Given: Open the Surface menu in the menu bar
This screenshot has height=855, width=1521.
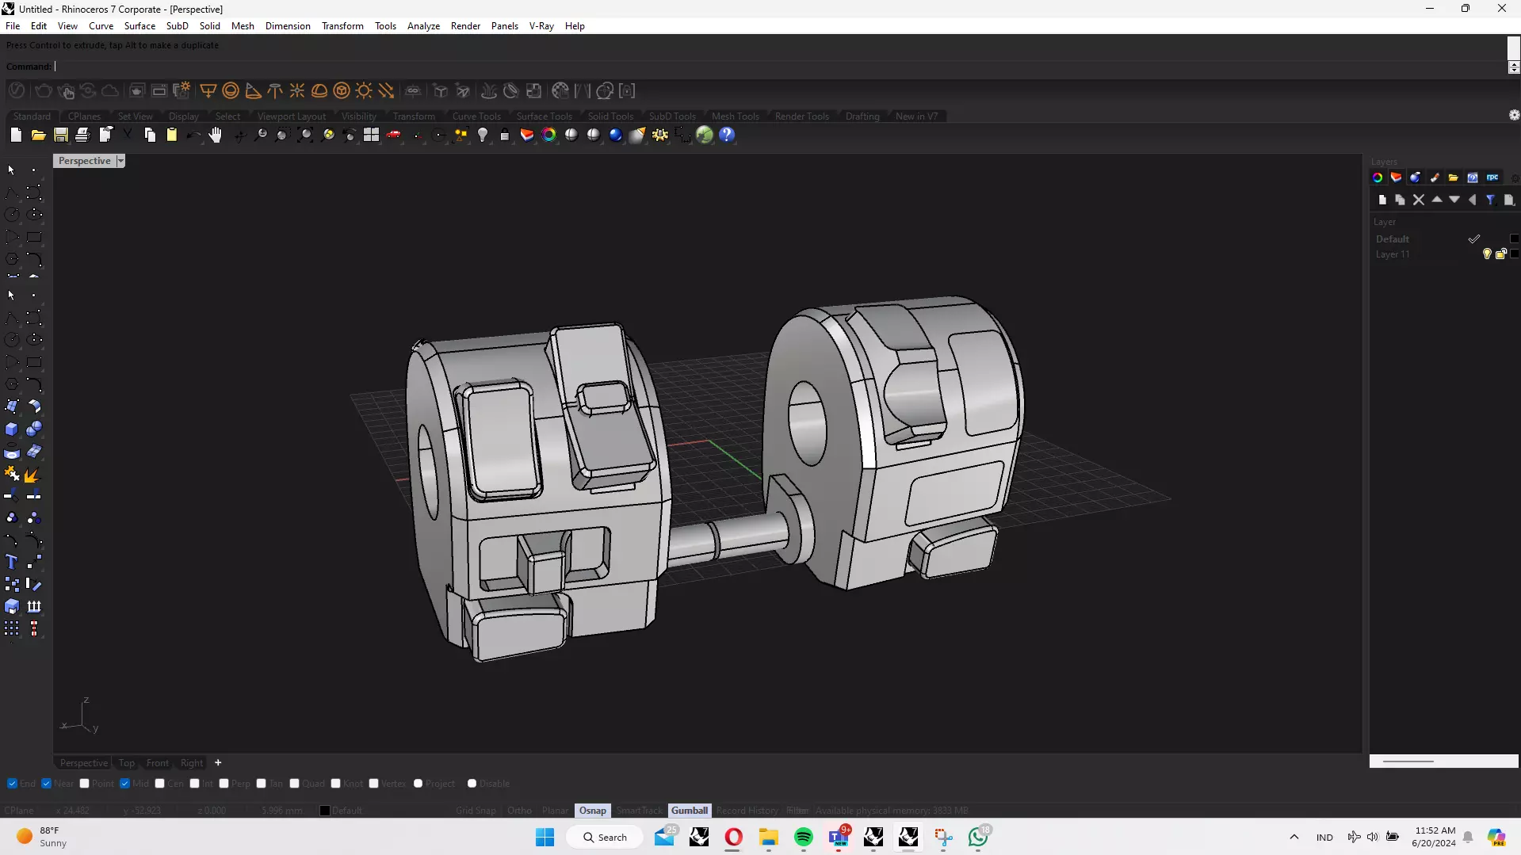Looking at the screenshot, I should tap(139, 26).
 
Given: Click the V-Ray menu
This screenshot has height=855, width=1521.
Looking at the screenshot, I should tap(541, 26).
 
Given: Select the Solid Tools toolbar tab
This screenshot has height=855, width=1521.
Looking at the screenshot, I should tap(610, 116).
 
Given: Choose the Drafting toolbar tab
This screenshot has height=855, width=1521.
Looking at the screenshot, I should tap(862, 116).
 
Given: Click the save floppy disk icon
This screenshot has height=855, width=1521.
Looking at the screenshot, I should tap(61, 136).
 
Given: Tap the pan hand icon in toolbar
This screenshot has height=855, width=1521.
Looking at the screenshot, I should tap(216, 136).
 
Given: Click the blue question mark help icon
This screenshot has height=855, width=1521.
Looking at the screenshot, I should tap(727, 136).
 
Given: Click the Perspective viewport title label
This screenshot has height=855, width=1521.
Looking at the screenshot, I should tap(84, 161).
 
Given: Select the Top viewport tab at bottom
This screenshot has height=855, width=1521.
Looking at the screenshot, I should tap(127, 763).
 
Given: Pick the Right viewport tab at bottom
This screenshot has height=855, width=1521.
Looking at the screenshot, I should tap(192, 763).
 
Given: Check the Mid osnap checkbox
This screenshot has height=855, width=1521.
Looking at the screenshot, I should tap(125, 784).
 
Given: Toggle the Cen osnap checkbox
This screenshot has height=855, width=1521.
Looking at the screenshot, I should tap(160, 784).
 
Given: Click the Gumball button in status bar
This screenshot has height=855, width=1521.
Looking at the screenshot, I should tap(689, 811).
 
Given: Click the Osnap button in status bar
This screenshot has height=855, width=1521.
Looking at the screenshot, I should tap(592, 811).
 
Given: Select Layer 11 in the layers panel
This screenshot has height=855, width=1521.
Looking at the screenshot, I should tap(1393, 254).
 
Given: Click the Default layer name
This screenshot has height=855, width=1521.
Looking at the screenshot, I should tap(1393, 239).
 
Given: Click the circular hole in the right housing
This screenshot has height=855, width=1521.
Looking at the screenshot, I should tap(808, 424).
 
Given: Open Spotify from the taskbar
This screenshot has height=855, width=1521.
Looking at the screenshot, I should tap(803, 838).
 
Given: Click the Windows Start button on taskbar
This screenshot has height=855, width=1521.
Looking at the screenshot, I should tap(545, 838).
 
